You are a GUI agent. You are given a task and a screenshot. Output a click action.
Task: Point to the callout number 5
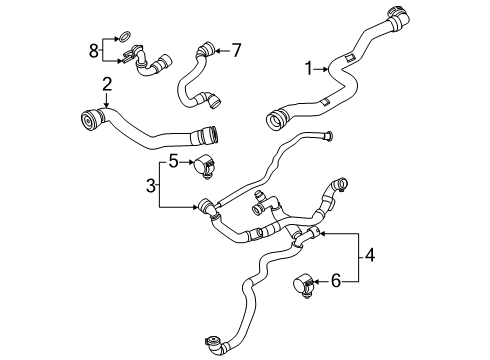(172, 159)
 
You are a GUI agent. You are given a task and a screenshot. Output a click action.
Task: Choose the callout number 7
(237, 47)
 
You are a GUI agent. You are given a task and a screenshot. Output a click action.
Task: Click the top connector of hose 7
(204, 47)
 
